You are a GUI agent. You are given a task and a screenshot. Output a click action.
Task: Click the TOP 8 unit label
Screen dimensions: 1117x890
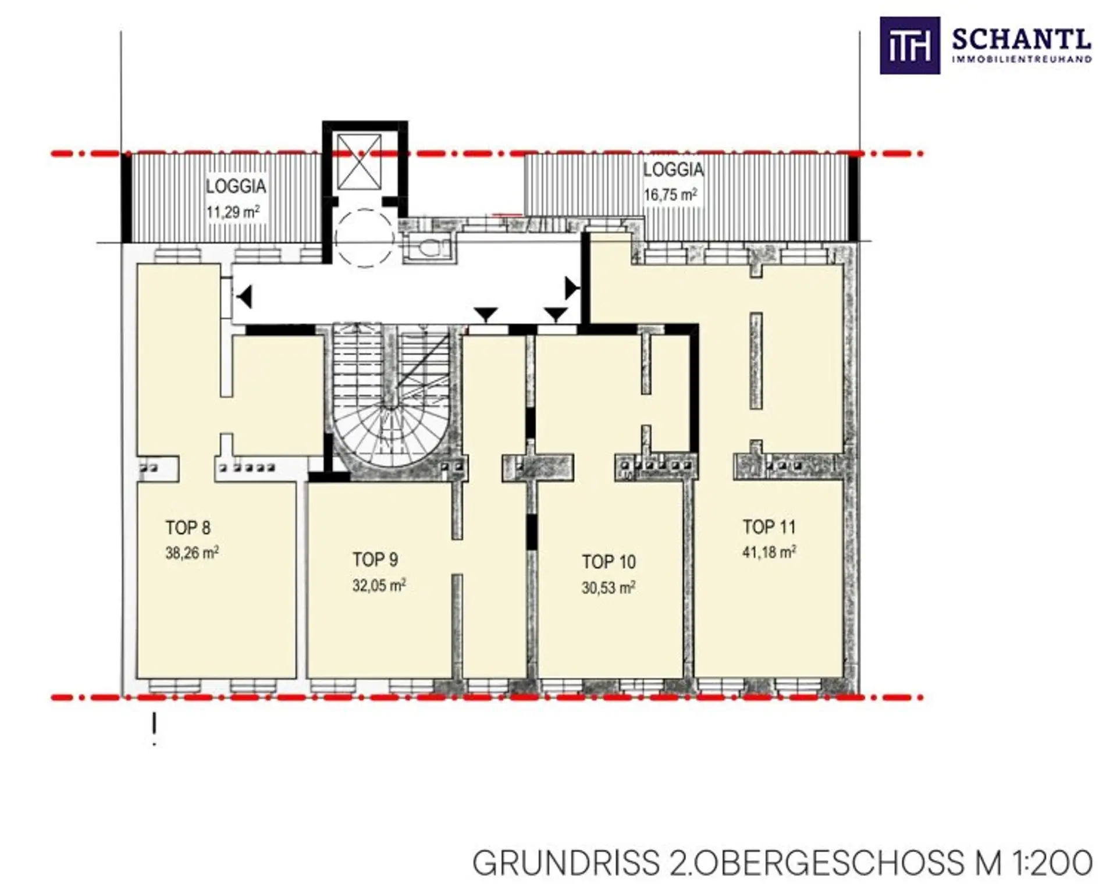click(x=188, y=528)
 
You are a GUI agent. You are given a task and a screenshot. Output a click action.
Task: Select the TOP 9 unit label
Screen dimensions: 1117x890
click(x=375, y=560)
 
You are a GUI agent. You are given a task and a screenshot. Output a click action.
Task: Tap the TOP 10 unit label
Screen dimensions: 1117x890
click(x=609, y=562)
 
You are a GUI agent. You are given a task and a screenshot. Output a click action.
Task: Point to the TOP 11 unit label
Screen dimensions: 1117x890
click(x=769, y=527)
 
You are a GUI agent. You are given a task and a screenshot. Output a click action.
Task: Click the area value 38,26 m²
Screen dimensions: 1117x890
click(x=192, y=553)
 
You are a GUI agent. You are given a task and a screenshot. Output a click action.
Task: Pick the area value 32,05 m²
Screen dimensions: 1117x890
click(x=379, y=585)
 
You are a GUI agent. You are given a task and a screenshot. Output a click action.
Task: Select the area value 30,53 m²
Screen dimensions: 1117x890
click(x=609, y=588)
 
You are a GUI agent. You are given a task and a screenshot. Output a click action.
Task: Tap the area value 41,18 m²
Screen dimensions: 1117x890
click(x=769, y=552)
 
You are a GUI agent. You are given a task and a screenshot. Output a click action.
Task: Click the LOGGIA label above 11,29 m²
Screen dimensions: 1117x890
click(x=236, y=186)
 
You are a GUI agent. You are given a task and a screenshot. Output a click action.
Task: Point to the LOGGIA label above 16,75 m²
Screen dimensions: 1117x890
click(x=673, y=170)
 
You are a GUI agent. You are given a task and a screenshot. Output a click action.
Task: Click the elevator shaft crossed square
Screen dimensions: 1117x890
click(x=360, y=162)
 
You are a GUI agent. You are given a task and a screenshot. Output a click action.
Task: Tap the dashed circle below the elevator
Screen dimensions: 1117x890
click(x=365, y=238)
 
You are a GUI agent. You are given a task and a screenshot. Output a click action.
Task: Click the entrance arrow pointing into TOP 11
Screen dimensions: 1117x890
click(x=572, y=287)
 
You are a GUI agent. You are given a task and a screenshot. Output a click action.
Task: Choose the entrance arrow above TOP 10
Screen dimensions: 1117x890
click(x=556, y=315)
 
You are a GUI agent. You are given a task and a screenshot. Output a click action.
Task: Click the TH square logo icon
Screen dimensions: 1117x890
click(x=909, y=45)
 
